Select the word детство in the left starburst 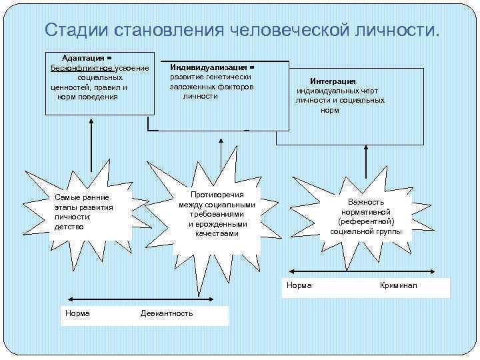coord(69,227)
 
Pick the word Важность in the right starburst coord(366,202)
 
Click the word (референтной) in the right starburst coord(366,221)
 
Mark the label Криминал coord(398,285)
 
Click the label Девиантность coord(167,313)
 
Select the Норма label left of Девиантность coord(78,313)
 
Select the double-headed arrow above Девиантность coord(136,299)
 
